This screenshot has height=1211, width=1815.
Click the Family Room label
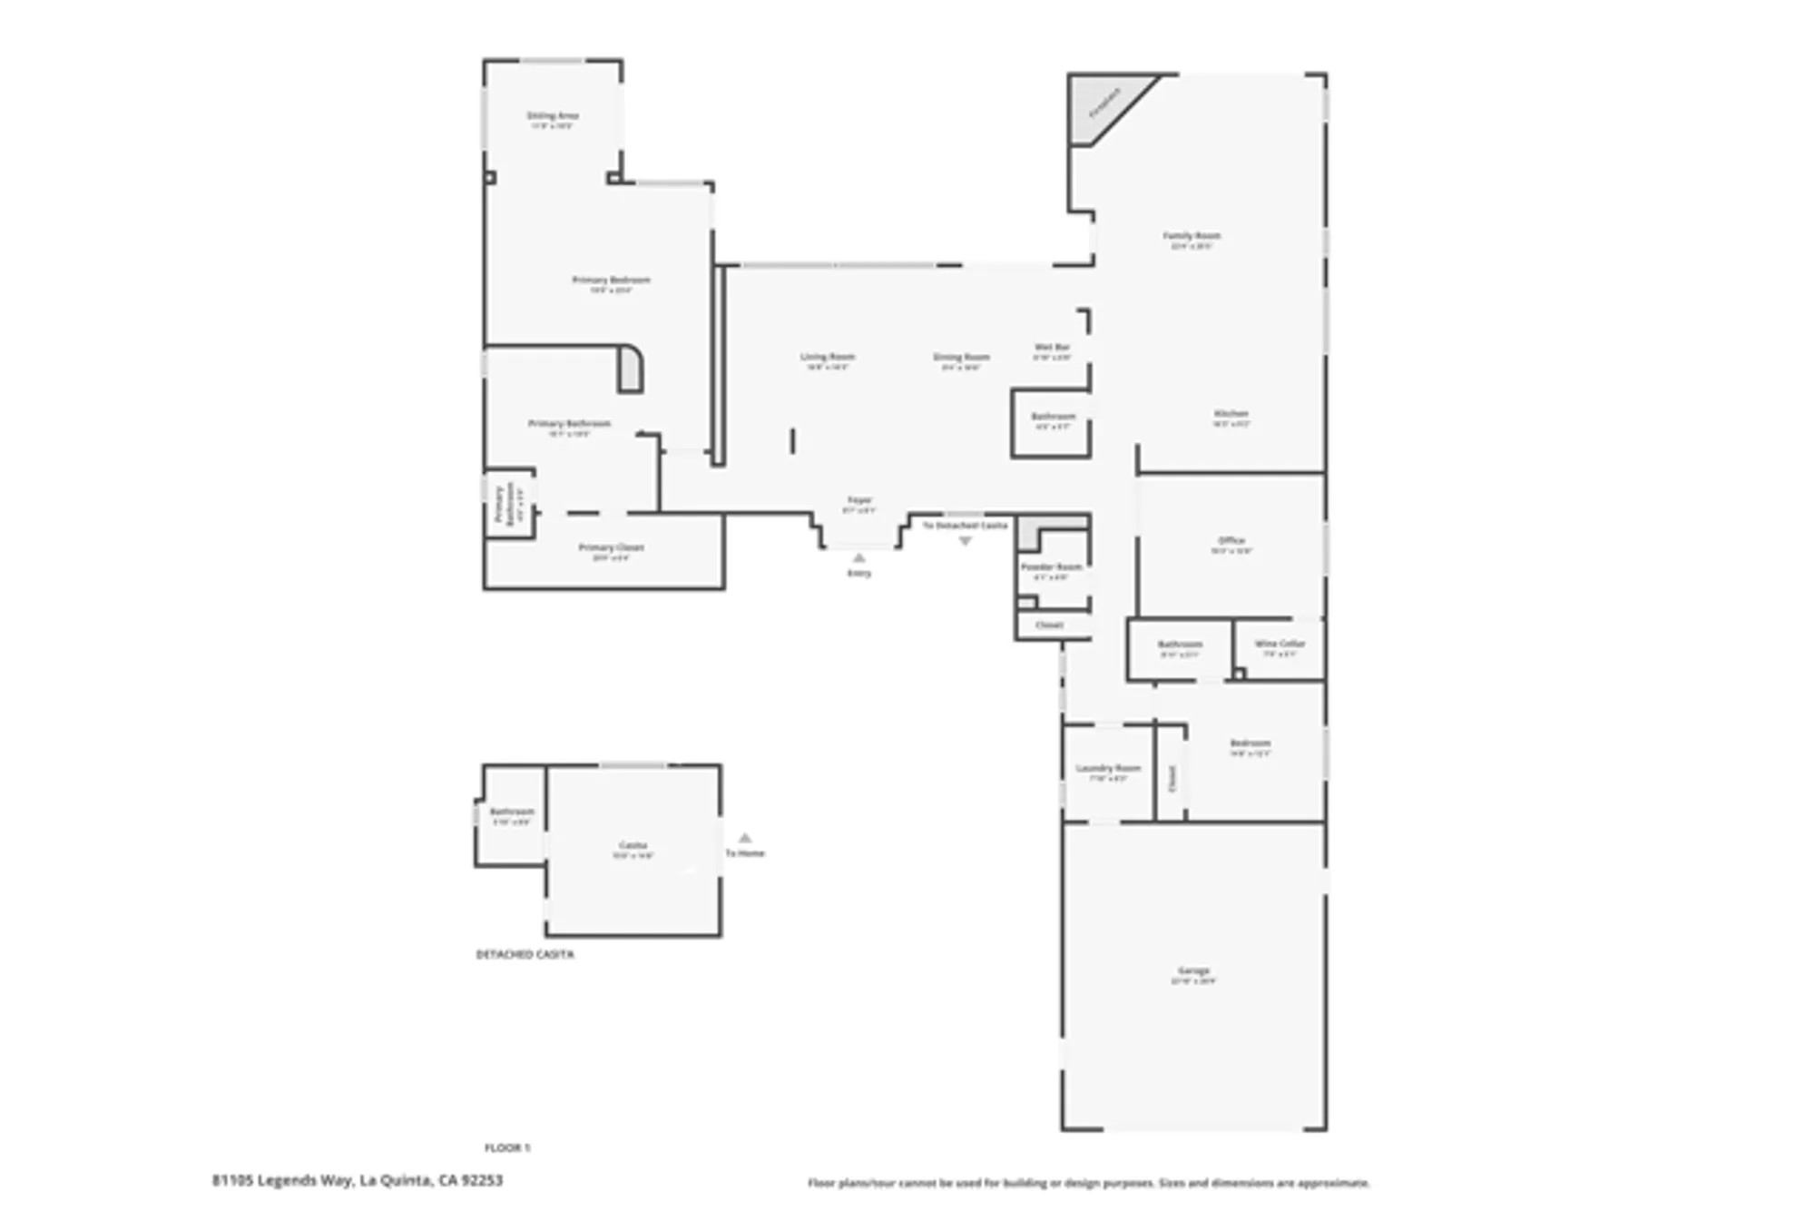point(1192,236)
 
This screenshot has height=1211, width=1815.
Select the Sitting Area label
point(552,116)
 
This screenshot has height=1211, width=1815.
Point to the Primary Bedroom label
point(611,281)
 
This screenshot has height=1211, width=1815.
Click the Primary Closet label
point(611,548)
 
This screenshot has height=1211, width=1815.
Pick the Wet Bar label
point(1052,348)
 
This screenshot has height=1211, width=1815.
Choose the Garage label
point(1193,971)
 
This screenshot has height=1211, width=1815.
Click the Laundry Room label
point(1108,769)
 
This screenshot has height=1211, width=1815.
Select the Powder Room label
point(1051,567)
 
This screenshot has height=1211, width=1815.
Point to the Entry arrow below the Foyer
point(859,558)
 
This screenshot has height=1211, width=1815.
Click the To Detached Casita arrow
point(965,541)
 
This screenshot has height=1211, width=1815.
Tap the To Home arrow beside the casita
point(745,838)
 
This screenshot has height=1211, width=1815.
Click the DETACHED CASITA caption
point(525,955)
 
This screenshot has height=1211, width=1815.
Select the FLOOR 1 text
point(507,1148)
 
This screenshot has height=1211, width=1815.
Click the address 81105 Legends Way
point(357,1180)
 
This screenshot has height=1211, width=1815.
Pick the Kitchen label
point(1231,414)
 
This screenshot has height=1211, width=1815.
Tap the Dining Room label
point(961,358)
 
